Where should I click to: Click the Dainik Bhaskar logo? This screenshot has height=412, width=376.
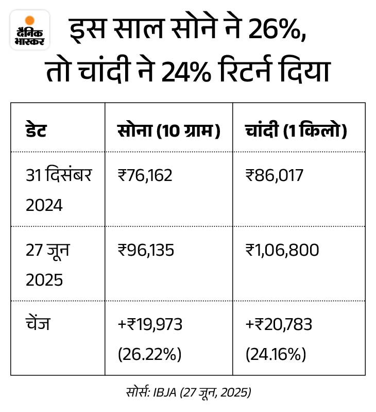(x=30, y=30)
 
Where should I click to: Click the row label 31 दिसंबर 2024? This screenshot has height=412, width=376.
(x=59, y=190)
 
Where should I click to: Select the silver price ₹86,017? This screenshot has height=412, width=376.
(x=275, y=176)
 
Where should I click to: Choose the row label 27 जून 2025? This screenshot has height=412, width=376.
(x=48, y=265)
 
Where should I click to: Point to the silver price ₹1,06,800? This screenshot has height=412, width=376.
(x=282, y=251)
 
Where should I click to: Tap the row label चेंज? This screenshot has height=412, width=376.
(x=38, y=325)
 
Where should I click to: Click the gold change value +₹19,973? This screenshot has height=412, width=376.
(x=150, y=325)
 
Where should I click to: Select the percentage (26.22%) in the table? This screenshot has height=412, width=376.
(x=149, y=354)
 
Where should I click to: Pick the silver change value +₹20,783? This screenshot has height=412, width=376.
(x=279, y=325)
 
